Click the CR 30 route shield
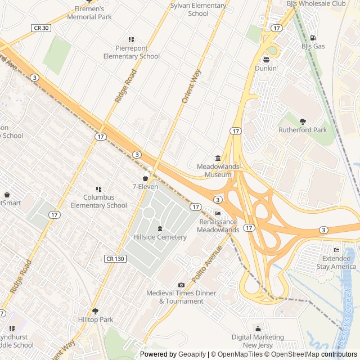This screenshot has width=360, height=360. pyautogui.click(x=42, y=28)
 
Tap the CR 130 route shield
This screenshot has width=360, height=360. pyautogui.click(x=115, y=258)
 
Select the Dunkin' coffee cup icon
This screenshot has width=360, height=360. pyautogui.click(x=267, y=60)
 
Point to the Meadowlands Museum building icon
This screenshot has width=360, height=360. pyautogui.click(x=218, y=158)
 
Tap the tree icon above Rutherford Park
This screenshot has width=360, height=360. pyautogui.click(x=303, y=121)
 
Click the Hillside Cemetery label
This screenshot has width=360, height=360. pyautogui.click(x=160, y=237)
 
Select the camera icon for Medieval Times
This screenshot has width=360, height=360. pyautogui.click(x=181, y=285)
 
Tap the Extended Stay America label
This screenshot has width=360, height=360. pyautogui.click(x=336, y=262)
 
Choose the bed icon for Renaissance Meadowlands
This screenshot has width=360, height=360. pyautogui.click(x=218, y=213)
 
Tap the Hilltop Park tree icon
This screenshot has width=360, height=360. pyautogui.click(x=95, y=311)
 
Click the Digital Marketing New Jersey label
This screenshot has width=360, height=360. pyautogui.click(x=258, y=340)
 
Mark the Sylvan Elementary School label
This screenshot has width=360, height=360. pyautogui.click(x=198, y=10)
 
